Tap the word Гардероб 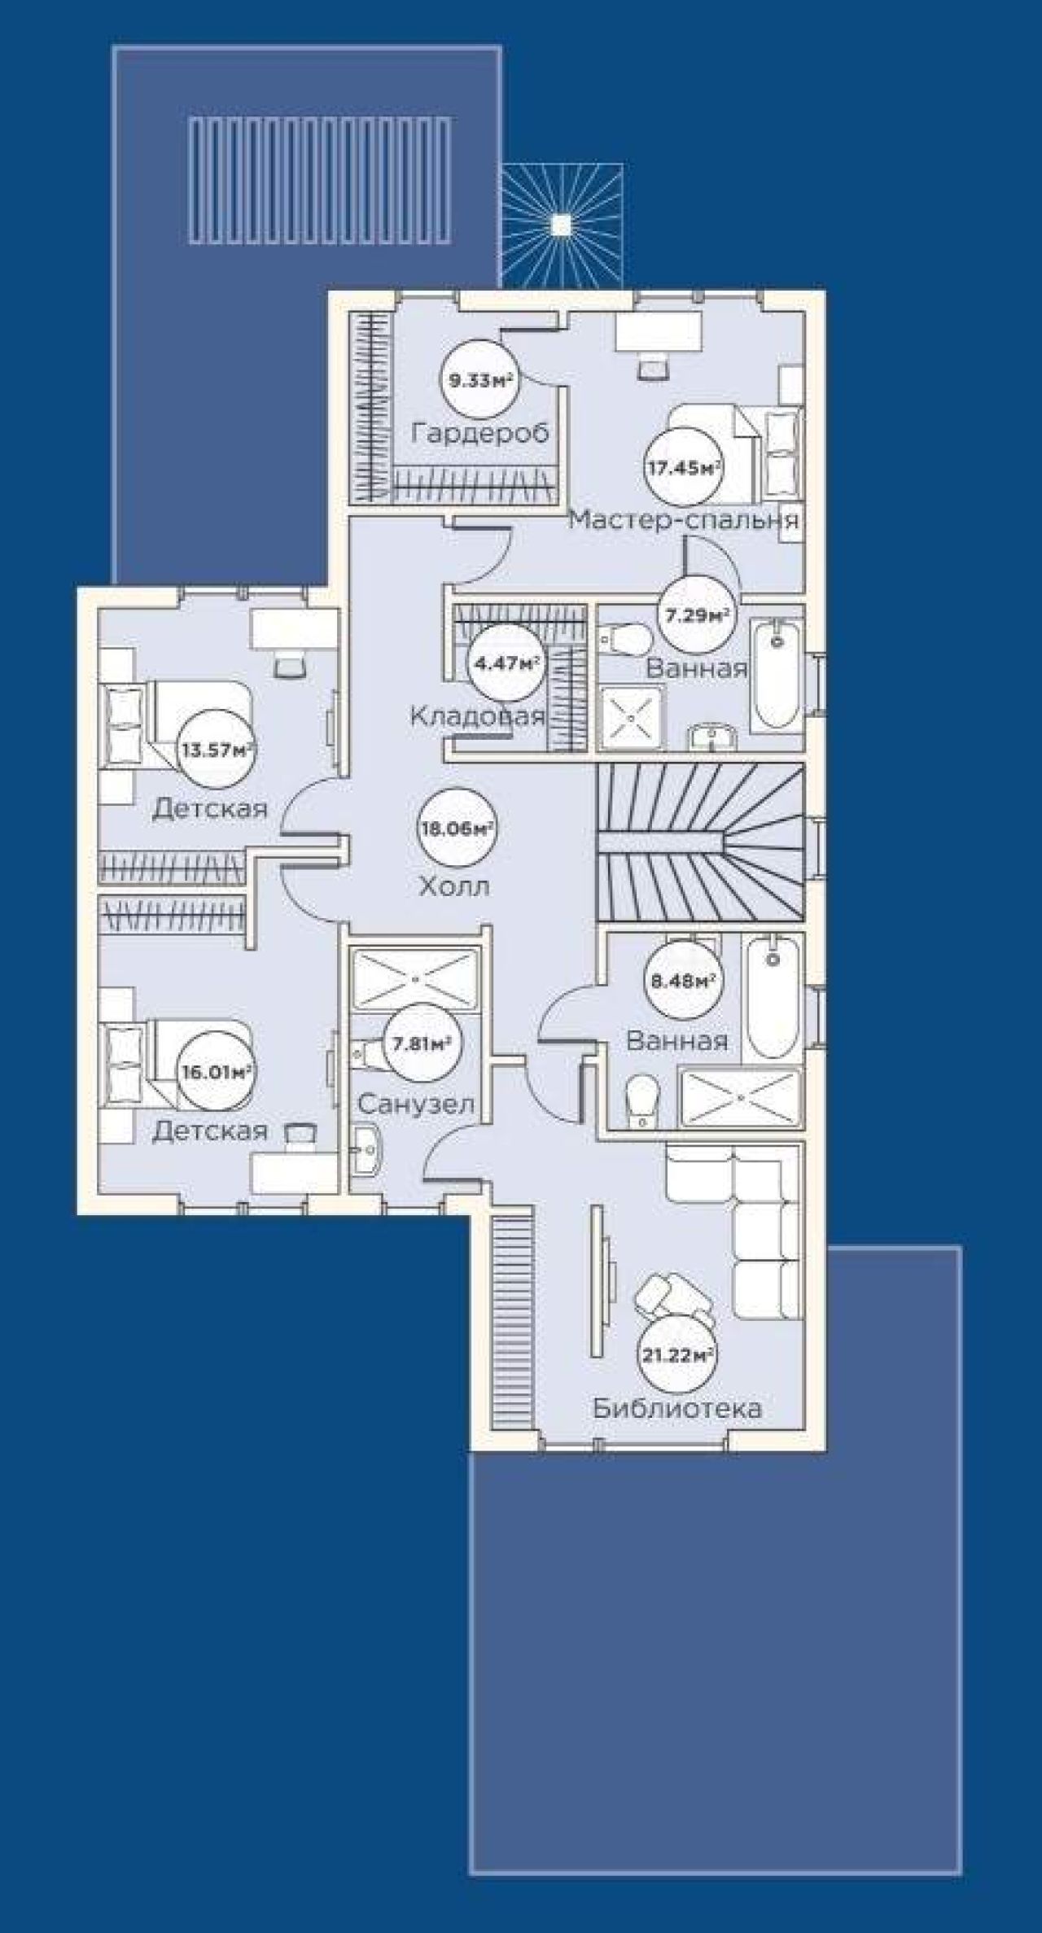coord(480,432)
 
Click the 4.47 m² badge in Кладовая coord(505,663)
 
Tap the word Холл coord(455,886)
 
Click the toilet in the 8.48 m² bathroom coord(643,1102)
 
